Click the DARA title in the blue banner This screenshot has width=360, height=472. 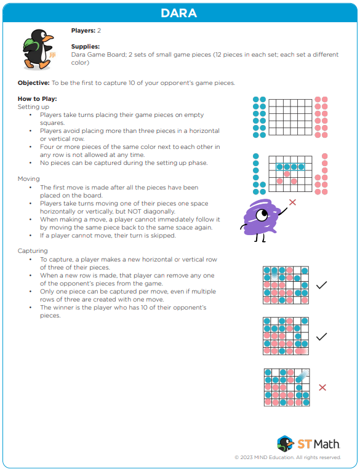point(179,13)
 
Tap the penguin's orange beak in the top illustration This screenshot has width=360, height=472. point(48,38)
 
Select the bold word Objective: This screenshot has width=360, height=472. point(34,83)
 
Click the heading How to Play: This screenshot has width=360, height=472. point(38,98)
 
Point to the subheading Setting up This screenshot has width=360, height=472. point(33,107)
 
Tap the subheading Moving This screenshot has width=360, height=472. point(28,179)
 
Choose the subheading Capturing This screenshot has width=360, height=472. point(33,250)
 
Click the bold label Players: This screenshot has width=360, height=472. point(83,30)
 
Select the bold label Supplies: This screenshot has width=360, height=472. point(86,46)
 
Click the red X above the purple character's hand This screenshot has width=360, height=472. point(292,202)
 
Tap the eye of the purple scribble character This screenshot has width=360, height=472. point(262,215)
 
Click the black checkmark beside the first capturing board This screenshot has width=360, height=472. point(321,285)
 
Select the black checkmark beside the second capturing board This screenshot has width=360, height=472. point(321,337)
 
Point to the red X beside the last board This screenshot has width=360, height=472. point(322,388)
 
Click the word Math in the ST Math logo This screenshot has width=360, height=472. point(327,444)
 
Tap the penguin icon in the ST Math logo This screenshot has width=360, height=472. point(285,444)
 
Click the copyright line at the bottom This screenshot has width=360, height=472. point(288,457)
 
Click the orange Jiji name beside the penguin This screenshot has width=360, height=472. point(52,55)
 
